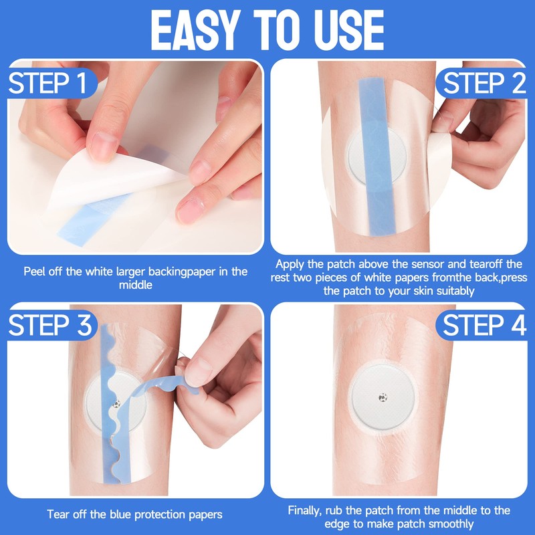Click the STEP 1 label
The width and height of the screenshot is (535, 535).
[x=47, y=83]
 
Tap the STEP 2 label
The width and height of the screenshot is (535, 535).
[x=484, y=83]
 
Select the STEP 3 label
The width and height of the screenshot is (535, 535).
[x=49, y=325]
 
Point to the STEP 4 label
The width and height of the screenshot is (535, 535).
[x=484, y=325]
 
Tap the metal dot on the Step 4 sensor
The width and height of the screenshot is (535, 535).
[x=383, y=397]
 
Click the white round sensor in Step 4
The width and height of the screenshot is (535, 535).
[x=383, y=397]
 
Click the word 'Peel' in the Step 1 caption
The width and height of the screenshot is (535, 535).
[x=34, y=272]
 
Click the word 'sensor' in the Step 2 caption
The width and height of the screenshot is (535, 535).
[x=427, y=264]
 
